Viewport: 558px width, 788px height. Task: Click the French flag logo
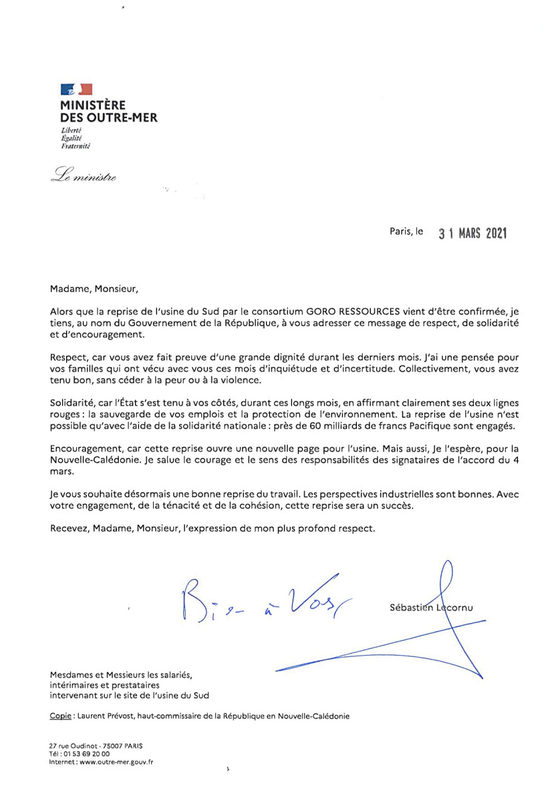click(x=76, y=89)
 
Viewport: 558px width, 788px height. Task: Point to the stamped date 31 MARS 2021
click(x=472, y=233)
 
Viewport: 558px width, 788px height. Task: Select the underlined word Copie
click(x=61, y=717)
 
